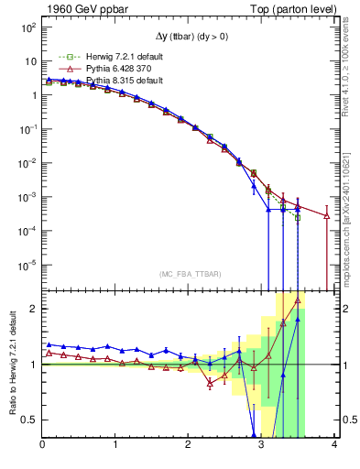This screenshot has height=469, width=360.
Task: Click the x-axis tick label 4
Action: [334, 445]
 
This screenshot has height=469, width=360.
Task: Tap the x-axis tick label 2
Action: [189, 445]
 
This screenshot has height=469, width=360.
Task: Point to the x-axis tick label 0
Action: [43, 445]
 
